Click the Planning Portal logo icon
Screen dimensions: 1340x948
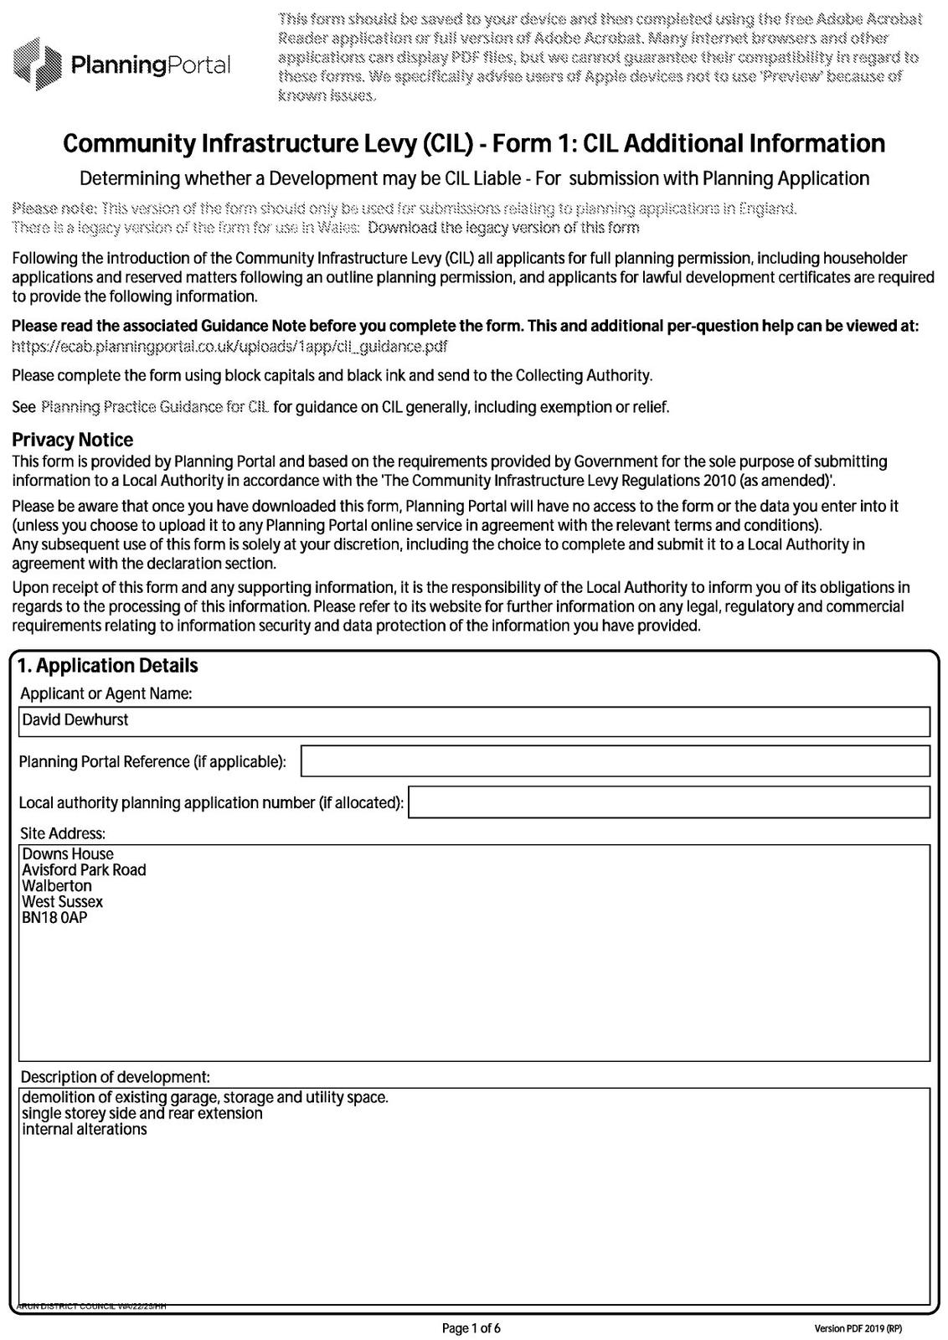[x=38, y=64]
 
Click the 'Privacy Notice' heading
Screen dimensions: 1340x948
[x=72, y=440]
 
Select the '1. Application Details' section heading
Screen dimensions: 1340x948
[x=108, y=666]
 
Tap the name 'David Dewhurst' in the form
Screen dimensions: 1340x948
[x=75, y=720]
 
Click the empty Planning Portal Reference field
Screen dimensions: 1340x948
[x=615, y=761]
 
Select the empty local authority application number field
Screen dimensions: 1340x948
[x=668, y=802]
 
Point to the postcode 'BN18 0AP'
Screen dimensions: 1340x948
[x=54, y=918]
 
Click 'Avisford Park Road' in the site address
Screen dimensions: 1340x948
[x=84, y=870]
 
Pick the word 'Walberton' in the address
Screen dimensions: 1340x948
[x=57, y=886]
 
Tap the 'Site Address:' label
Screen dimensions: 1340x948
[x=63, y=833]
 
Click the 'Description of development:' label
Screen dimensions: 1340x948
[x=116, y=1076]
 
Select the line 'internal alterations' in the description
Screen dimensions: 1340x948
[x=85, y=1130]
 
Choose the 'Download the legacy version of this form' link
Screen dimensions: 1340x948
[x=503, y=228]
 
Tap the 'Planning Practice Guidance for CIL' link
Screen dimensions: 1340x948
[x=155, y=408]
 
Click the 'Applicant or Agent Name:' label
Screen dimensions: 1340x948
[x=106, y=693]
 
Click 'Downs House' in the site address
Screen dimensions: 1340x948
[x=68, y=854]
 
